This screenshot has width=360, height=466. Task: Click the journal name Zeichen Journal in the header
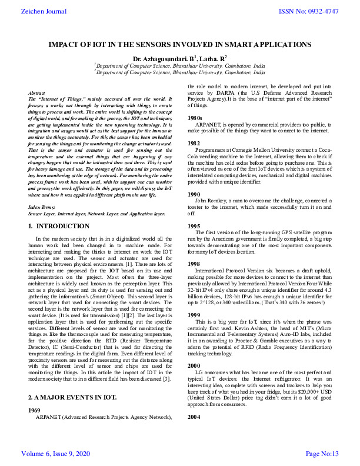[35, 11]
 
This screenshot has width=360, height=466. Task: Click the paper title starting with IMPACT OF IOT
[179, 44]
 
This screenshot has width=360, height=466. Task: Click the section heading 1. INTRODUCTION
[59, 226]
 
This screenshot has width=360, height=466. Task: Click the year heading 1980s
[195, 118]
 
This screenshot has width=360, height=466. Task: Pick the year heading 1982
[193, 144]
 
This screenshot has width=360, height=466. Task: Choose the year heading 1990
[193, 194]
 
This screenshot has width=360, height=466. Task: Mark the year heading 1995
[193, 226]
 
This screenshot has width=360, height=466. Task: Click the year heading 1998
[193, 264]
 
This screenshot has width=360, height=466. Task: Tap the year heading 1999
[193, 315]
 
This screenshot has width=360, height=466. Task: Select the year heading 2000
[193, 365]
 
